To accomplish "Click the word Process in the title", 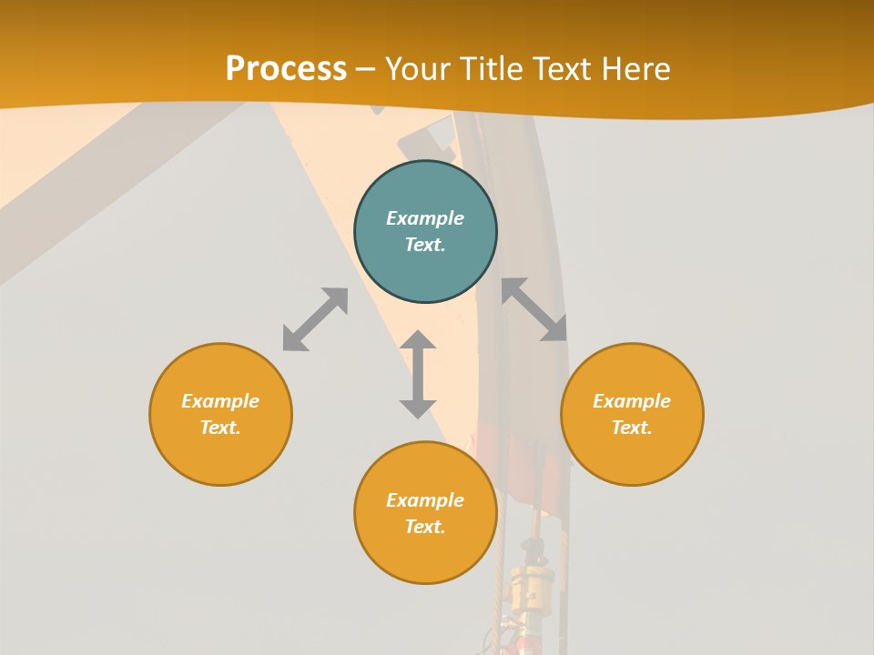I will tap(286, 69).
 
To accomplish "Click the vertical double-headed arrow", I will tap(418, 374).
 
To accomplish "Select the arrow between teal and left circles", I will tap(315, 319).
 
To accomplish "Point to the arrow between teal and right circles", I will tap(534, 309).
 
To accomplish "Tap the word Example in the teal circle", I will tap(425, 218).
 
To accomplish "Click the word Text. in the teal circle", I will tap(425, 245).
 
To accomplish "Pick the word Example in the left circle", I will tap(220, 401).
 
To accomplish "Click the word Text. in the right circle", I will tap(632, 428).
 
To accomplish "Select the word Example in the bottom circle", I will tap(425, 500).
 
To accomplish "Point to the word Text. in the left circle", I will tap(220, 428).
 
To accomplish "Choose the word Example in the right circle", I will tap(632, 401).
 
